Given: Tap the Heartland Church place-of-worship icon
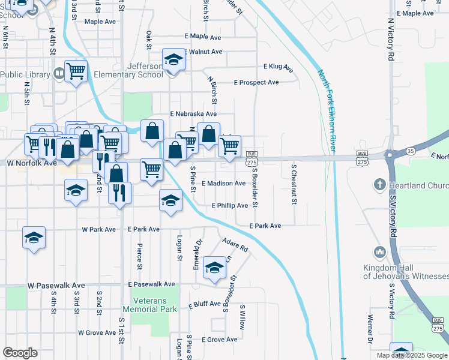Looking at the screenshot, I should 379,184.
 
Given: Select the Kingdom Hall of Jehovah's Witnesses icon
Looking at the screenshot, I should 379,251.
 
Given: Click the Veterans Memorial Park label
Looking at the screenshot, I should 150,305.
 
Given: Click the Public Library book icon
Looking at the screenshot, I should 59,74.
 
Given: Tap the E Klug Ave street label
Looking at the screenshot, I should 278,67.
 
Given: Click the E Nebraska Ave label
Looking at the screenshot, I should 193,113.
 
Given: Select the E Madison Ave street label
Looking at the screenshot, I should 223,183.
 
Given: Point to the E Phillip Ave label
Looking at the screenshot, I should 230,206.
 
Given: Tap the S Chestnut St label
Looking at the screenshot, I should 294,184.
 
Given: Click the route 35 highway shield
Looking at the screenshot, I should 410,151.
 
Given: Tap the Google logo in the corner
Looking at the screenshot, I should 20,353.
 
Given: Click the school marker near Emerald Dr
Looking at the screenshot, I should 214,268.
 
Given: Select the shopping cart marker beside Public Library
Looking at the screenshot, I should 76,71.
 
